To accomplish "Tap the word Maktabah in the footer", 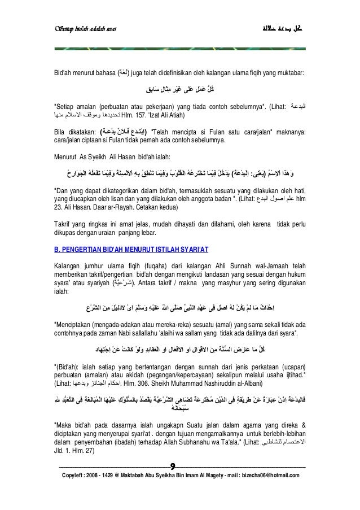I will [x=152, y=476].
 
